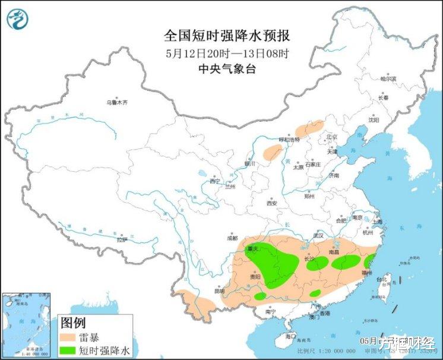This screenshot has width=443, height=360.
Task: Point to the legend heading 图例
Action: pyautogui.click(x=74, y=323)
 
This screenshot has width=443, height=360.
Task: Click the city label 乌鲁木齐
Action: pyautogui.click(x=117, y=102)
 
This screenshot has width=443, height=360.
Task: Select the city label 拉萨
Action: pyautogui.click(x=122, y=240)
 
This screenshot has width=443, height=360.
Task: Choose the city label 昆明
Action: pyautogui.click(x=219, y=291)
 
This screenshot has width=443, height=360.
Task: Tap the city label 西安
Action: pyautogui.click(x=272, y=203)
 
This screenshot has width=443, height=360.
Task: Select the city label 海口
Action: pyautogui.click(x=290, y=336)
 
